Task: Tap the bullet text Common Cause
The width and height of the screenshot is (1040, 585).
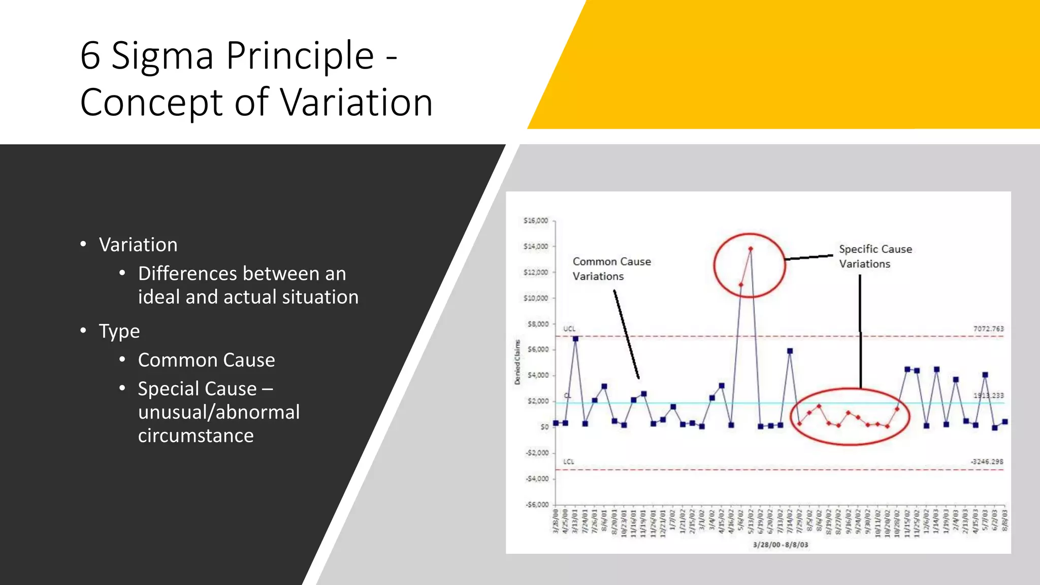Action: tap(206, 360)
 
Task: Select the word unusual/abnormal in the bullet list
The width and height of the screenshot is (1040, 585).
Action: tap(219, 412)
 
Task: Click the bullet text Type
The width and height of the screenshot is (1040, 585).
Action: tap(119, 332)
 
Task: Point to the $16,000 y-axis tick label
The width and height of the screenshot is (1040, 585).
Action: tap(536, 221)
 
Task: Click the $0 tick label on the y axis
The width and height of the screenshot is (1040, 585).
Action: tap(544, 427)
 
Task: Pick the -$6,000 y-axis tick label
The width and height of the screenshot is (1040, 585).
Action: tap(537, 505)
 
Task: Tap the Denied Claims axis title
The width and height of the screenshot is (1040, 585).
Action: tap(517, 362)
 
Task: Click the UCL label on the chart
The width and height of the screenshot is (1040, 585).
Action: tap(569, 329)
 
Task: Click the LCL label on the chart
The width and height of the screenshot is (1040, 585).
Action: tap(568, 462)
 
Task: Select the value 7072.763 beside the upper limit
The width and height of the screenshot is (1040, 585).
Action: tap(988, 329)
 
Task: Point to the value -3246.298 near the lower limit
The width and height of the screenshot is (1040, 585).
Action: tap(987, 462)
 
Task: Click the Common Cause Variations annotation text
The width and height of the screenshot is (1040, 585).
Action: tap(611, 269)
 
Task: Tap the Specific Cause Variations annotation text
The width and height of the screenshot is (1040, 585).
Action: tap(875, 256)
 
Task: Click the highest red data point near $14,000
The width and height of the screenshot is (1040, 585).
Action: tap(751, 249)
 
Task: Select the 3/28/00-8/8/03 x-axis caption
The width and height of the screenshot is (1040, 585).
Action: tap(780, 545)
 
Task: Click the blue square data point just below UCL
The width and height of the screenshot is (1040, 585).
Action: tap(575, 339)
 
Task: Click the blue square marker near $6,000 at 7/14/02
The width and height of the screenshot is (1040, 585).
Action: tap(790, 351)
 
